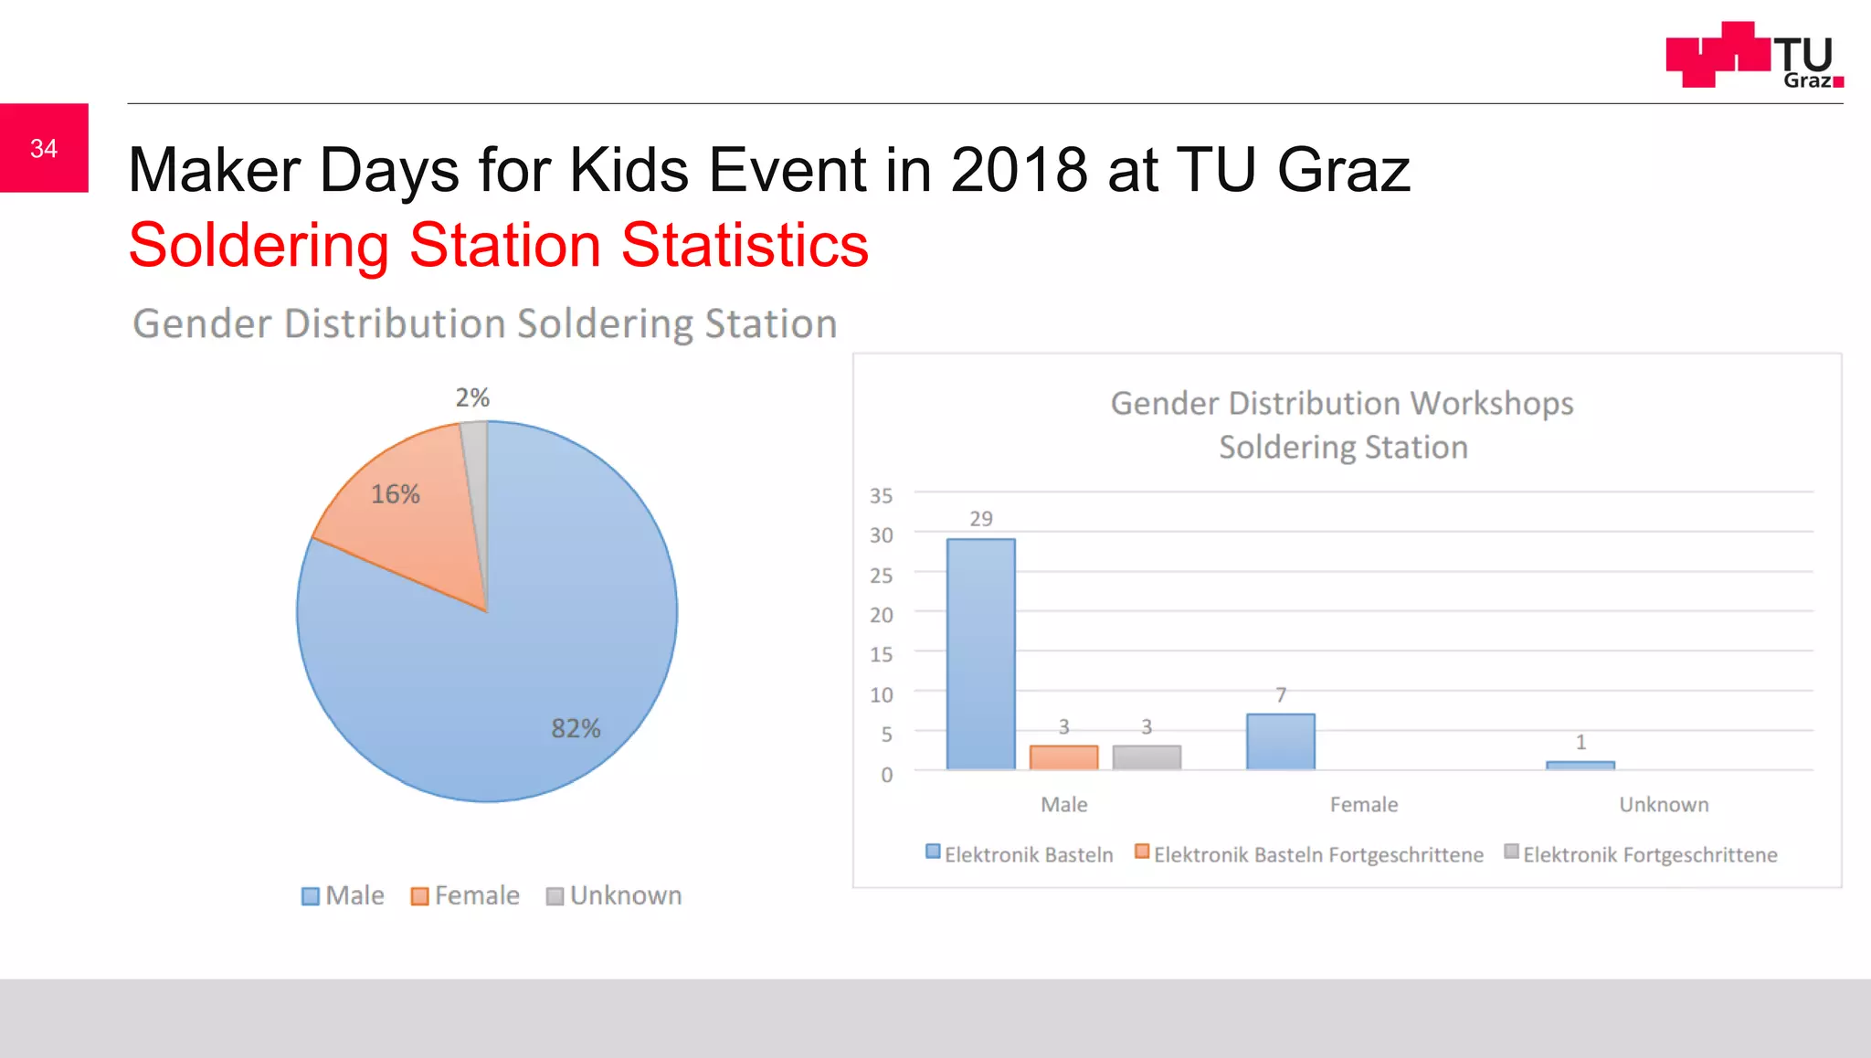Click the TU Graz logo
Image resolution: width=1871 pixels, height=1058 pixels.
tap(1753, 55)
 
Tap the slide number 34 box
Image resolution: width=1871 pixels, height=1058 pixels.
tap(44, 148)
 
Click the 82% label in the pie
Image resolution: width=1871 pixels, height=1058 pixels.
tap(576, 728)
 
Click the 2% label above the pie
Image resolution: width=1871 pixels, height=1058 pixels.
tap(472, 397)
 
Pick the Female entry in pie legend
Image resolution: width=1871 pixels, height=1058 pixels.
tap(465, 895)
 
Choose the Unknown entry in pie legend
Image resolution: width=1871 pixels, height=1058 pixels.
tap(614, 895)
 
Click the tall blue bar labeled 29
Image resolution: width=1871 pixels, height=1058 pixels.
tap(980, 653)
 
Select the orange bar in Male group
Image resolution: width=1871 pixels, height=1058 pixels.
tap(1063, 757)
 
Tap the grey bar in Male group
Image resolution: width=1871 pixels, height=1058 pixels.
tap(1147, 757)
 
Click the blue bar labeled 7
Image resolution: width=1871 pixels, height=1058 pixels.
tap(1280, 741)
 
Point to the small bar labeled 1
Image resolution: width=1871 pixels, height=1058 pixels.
tap(1580, 765)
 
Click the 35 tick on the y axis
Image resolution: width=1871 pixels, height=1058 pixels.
tap(881, 495)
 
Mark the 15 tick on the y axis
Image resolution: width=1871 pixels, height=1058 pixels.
tap(881, 654)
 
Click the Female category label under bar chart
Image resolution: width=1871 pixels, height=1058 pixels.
tap(1363, 804)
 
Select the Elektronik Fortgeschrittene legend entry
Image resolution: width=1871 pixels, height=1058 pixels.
tap(1641, 854)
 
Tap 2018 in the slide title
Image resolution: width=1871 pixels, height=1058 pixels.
tap(1018, 170)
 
